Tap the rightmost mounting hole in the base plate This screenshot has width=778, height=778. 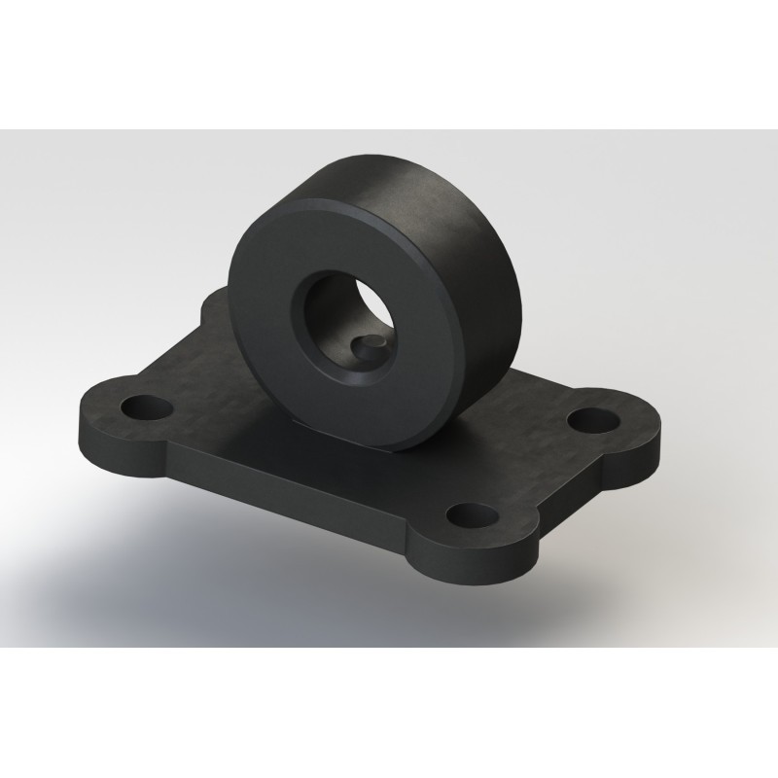point(591,419)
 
